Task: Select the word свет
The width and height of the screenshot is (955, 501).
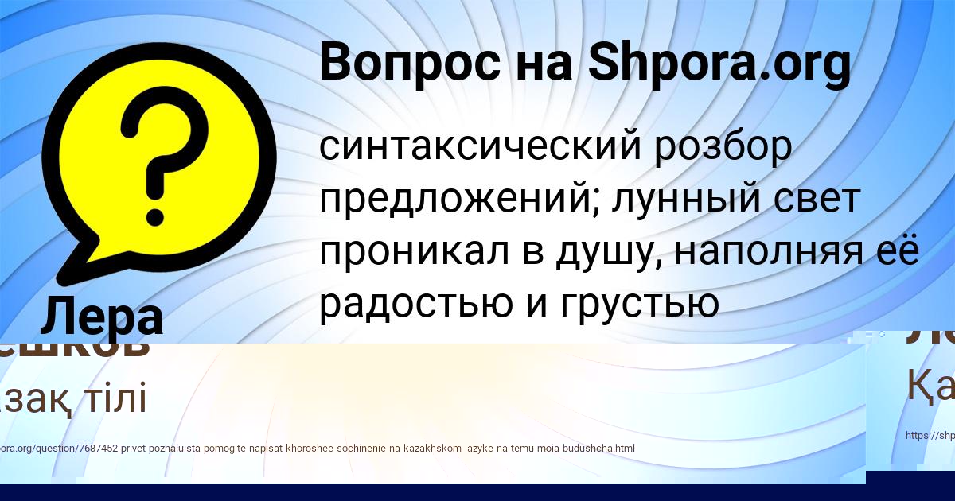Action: [x=821, y=199]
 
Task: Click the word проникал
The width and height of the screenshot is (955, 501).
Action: [x=421, y=251]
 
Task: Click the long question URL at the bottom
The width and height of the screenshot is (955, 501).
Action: [x=318, y=449]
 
